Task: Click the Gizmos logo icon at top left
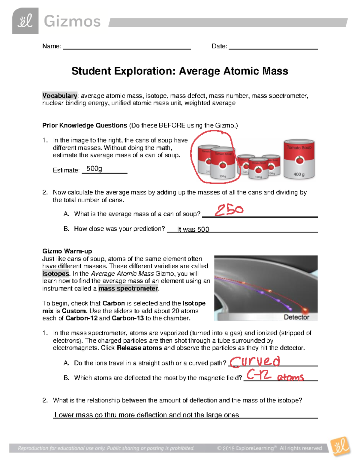[25, 21]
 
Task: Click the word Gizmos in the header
[72, 22]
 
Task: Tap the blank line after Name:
[127, 47]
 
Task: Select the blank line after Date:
[273, 47]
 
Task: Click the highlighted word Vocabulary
[60, 96]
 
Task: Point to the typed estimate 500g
[94, 169]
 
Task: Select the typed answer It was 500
[193, 230]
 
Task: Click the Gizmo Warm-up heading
[67, 251]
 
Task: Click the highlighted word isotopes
[56, 274]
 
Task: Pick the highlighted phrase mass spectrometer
[128, 289]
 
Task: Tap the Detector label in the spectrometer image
[296, 317]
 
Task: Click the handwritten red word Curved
[255, 361]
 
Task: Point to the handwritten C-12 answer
[259, 375]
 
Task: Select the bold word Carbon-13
[127, 318]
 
